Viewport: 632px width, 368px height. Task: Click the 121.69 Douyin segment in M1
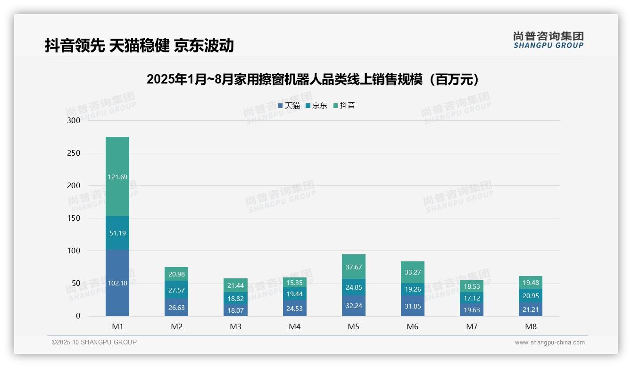point(117,177)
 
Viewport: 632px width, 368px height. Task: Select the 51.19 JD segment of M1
point(117,233)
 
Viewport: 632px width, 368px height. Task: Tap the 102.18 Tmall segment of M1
point(117,283)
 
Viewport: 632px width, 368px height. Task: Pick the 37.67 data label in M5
point(353,267)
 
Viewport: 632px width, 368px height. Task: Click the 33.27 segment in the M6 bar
point(412,272)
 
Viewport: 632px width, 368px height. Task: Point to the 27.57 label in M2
point(176,290)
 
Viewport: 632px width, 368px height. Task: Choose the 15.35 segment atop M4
point(294,283)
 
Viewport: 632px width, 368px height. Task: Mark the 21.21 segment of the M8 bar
point(530,309)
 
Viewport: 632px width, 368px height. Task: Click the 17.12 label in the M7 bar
point(471,299)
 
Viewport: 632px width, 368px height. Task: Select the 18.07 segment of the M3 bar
point(235,310)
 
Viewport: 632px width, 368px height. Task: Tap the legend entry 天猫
point(289,106)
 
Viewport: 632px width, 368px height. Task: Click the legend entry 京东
point(316,106)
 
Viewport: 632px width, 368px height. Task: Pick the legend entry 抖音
point(344,106)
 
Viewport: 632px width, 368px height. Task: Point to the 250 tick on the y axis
point(74,153)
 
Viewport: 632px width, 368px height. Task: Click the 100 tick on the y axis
point(74,251)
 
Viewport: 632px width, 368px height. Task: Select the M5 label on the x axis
point(353,326)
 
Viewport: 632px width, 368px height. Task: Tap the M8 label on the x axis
point(530,326)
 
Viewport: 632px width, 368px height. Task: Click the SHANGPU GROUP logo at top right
point(548,40)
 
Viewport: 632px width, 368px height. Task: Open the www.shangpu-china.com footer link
point(549,343)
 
